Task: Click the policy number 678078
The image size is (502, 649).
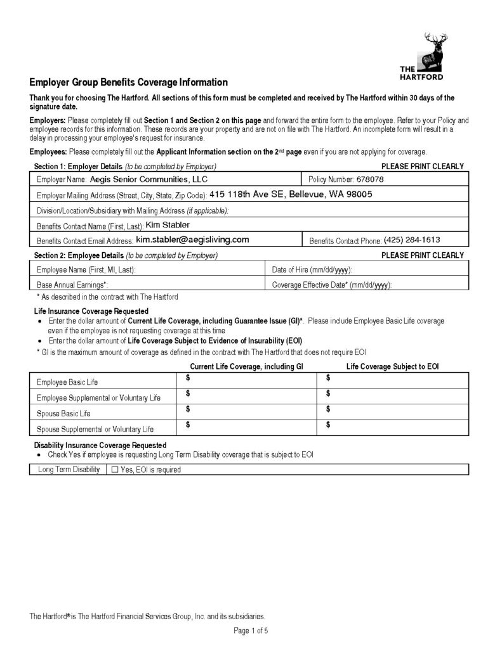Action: pos(371,179)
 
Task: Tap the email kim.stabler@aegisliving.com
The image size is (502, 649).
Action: pos(192,240)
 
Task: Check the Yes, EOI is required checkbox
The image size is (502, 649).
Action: pos(115,470)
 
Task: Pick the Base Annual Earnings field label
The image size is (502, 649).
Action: pos(72,285)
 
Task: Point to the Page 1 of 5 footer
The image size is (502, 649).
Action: pos(251,631)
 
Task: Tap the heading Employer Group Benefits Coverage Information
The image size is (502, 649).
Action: pos(128,82)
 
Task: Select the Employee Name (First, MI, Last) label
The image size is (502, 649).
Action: pos(86,270)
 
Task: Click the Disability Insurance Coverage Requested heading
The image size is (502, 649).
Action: pos(100,446)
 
